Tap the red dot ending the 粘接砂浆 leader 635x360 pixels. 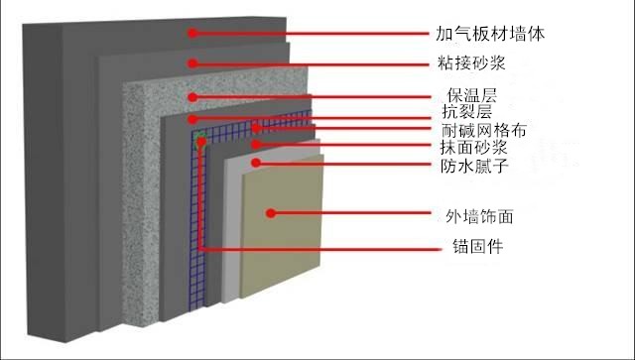tap(193, 62)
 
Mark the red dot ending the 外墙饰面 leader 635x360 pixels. tap(270, 211)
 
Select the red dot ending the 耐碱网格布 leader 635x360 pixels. tap(256, 128)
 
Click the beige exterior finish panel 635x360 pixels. tap(288, 238)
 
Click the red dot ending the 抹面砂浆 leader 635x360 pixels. tap(255, 146)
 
